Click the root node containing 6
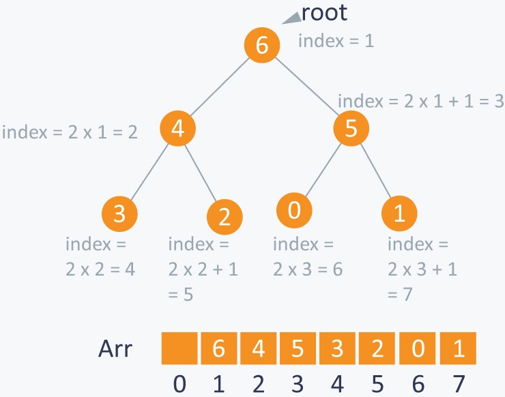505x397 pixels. pyautogui.click(x=263, y=46)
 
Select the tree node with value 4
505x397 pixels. pyautogui.click(x=178, y=129)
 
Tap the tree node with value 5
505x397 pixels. pyautogui.click(x=351, y=129)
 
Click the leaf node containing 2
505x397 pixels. pyautogui.click(x=225, y=216)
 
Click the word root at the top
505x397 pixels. pyautogui.click(x=324, y=12)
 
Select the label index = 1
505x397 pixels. pyautogui.click(x=336, y=41)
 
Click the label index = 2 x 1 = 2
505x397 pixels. pyautogui.click(x=70, y=131)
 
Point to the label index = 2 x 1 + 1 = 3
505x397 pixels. pyautogui.click(x=420, y=101)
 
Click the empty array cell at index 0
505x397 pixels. pyautogui.click(x=179, y=349)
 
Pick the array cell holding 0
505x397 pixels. pyautogui.click(x=418, y=349)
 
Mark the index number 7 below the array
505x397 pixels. pyautogui.click(x=458, y=384)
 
